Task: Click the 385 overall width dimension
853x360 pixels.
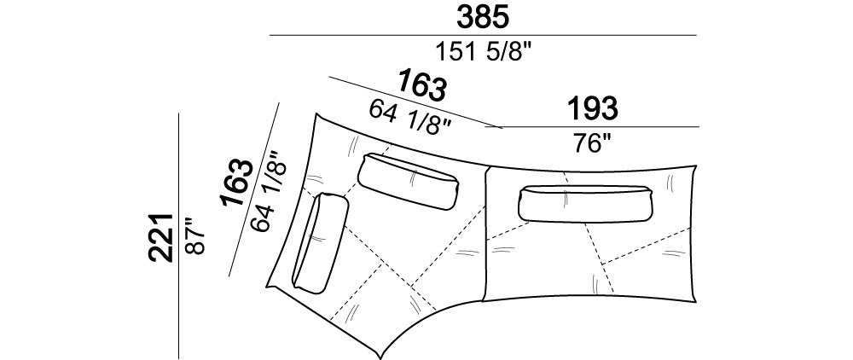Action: [x=483, y=17]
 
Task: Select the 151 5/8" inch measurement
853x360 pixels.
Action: [x=483, y=52]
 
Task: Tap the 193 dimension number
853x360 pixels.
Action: [x=593, y=108]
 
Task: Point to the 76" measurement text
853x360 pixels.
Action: [x=593, y=143]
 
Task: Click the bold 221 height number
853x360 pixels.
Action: [x=161, y=238]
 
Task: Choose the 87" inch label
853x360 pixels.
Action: [x=194, y=236]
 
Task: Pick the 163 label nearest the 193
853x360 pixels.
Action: [x=422, y=84]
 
